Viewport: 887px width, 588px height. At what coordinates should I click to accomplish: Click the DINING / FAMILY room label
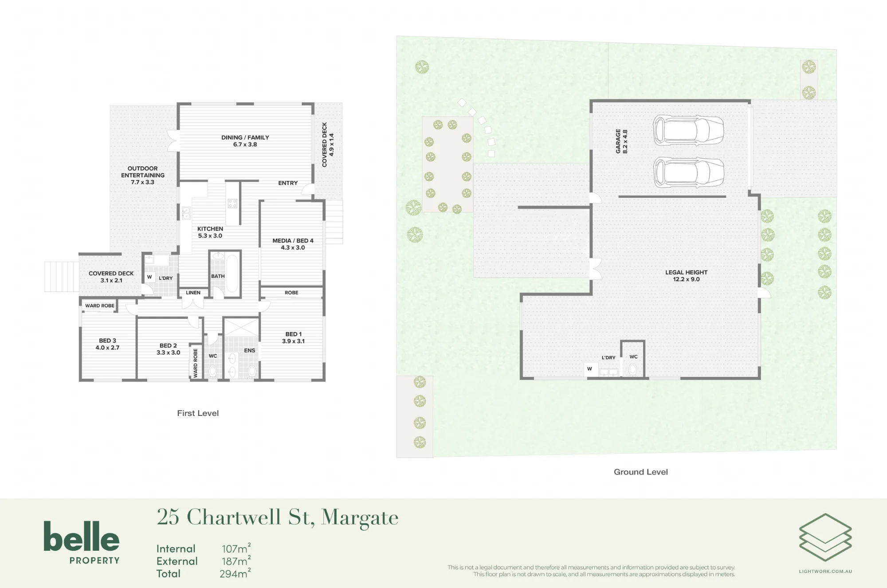point(245,141)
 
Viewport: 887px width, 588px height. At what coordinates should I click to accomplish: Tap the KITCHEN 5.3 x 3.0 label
point(210,232)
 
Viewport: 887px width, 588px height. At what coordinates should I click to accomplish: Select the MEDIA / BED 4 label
point(293,244)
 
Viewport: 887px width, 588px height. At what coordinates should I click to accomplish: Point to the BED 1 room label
point(294,337)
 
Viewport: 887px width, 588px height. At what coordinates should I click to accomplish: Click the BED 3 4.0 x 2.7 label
point(107,344)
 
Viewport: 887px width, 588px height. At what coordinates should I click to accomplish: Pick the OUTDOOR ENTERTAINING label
point(143,175)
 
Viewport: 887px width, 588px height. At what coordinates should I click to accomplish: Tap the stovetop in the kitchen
point(232,204)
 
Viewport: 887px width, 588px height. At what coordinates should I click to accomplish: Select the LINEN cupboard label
point(193,293)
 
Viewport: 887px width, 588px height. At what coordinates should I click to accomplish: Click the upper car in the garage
point(688,130)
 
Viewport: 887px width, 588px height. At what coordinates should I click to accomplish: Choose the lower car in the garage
point(689,172)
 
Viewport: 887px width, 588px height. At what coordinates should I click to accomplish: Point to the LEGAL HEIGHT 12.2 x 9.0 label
point(686,276)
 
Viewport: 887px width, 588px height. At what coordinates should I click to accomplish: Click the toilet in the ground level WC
point(633,369)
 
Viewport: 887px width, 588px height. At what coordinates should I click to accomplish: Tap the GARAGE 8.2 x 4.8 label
point(621,141)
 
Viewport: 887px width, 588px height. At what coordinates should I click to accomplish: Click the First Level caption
point(198,413)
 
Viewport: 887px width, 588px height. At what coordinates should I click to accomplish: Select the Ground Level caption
point(641,472)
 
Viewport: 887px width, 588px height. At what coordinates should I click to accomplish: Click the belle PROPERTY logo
point(82,542)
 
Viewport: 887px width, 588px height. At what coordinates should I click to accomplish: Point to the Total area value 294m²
point(235,573)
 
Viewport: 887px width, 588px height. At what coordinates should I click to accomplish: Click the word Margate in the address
point(360,517)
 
